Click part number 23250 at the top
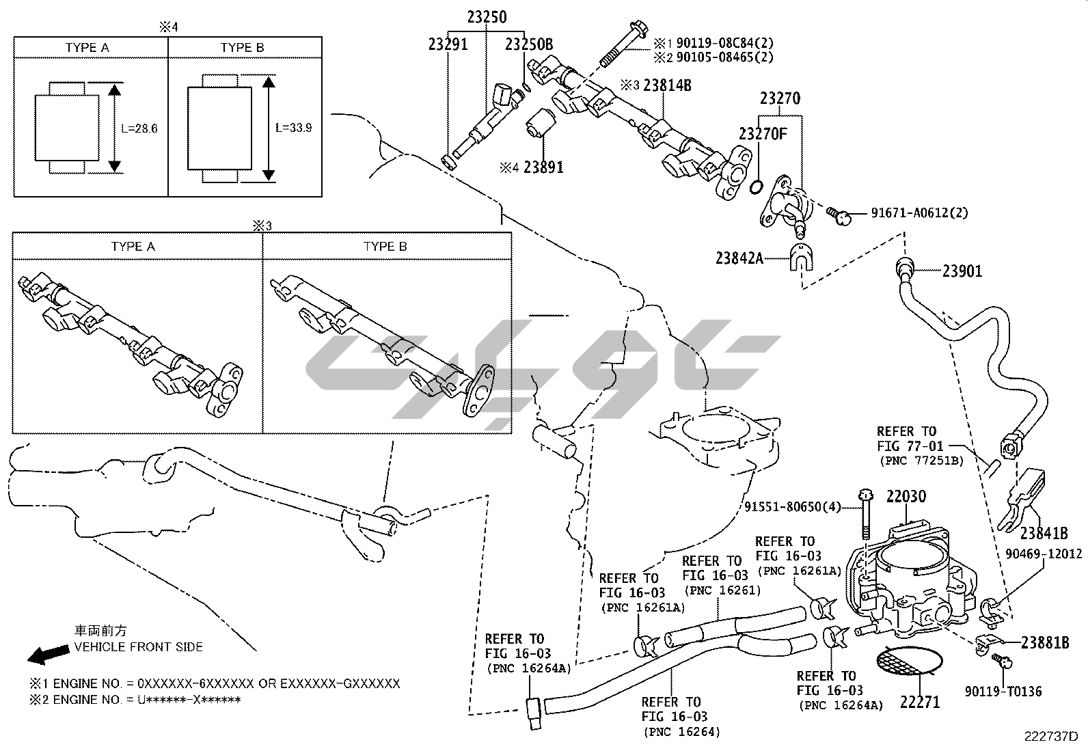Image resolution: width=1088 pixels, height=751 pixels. pos(487,16)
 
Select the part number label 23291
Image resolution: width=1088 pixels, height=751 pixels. pos(448,44)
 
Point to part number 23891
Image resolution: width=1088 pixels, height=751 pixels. pos(543,166)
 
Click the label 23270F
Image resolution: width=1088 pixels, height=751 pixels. pos(763,133)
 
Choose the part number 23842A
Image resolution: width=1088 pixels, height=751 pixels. pos(739,258)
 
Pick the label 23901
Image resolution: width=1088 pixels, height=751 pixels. pos(962,271)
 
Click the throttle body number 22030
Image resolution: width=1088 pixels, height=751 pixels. pos(906,497)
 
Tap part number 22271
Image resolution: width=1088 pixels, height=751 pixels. pos(919,702)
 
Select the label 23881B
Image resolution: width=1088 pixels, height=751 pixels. pos(1045,642)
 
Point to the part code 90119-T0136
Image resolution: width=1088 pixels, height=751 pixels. pos(1003,692)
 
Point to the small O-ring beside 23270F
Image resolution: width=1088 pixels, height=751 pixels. pos(757,187)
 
